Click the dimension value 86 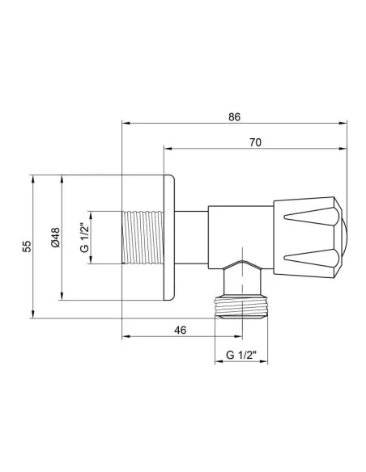pyautogui.click(x=234, y=116)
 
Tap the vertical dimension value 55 pyautogui.click(x=26, y=246)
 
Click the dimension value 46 pyautogui.click(x=181, y=330)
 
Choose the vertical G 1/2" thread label pyautogui.click(x=84, y=238)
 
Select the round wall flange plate pyautogui.click(x=170, y=238)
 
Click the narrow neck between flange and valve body pyautogui.click(x=193, y=238)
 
